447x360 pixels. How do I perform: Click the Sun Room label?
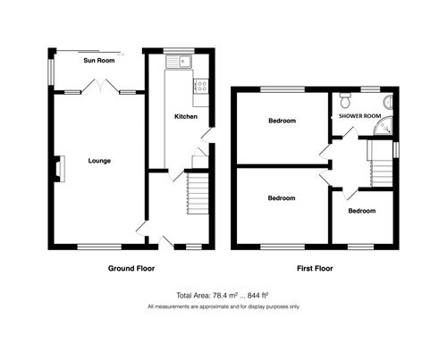click(x=98, y=62)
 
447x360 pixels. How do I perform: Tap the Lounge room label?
click(x=99, y=162)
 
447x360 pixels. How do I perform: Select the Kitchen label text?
click(x=185, y=117)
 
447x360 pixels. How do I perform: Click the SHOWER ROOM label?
click(x=358, y=115)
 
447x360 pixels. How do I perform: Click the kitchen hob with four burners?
click(x=201, y=86)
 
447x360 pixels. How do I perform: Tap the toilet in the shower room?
click(x=343, y=100)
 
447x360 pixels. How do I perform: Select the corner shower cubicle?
click(x=386, y=130)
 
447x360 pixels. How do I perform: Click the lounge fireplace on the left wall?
click(x=58, y=168)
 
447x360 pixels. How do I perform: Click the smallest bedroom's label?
click(x=361, y=211)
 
